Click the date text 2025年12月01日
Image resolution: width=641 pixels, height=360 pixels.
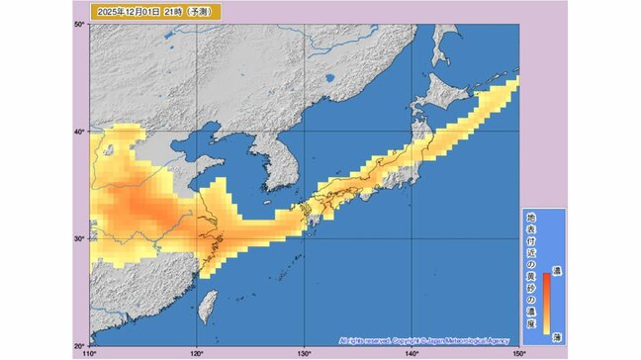123,12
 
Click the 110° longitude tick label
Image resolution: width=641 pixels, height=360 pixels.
90,352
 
